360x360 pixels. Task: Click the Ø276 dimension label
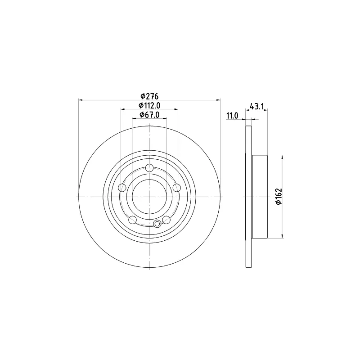(x=149, y=96)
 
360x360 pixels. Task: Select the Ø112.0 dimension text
(x=149, y=105)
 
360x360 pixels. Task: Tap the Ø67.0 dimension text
(x=149, y=115)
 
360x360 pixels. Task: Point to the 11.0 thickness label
(x=232, y=116)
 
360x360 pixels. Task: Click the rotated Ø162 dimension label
(x=279, y=197)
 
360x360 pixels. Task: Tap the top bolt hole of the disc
(x=149, y=168)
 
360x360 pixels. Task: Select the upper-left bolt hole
(x=122, y=188)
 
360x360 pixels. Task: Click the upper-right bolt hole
(x=177, y=188)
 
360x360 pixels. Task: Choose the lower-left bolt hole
(x=132, y=220)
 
